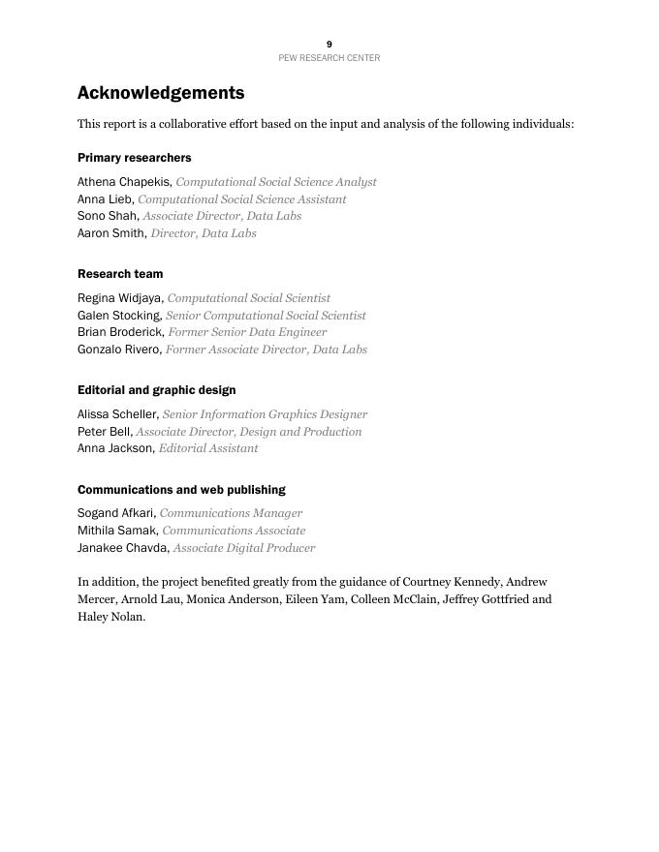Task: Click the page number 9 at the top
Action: pyautogui.click(x=329, y=45)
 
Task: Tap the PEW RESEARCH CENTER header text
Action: pyautogui.click(x=329, y=58)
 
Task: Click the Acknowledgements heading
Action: pyautogui.click(x=161, y=93)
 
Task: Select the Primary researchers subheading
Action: pyautogui.click(x=135, y=158)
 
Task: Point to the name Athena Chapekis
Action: pyautogui.click(x=124, y=182)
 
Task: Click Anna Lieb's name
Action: pyautogui.click(x=105, y=199)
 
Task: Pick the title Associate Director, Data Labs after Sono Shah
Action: pyautogui.click(x=222, y=216)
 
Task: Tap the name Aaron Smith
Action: pyautogui.click(x=111, y=233)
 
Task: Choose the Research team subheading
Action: pyautogui.click(x=120, y=274)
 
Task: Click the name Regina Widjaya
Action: pyautogui.click(x=120, y=298)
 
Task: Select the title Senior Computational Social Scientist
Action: pyautogui.click(x=266, y=316)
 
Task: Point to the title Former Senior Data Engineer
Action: pyautogui.click(x=247, y=332)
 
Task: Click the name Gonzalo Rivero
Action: pyautogui.click(x=119, y=350)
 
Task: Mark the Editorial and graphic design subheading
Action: pyautogui.click(x=157, y=390)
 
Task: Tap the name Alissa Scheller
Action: pyautogui.click(x=117, y=414)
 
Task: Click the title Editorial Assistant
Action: pyautogui.click(x=208, y=448)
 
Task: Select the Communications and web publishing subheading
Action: pyautogui.click(x=181, y=490)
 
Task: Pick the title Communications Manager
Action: pyautogui.click(x=231, y=513)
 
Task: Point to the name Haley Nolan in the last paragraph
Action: pyautogui.click(x=110, y=617)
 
